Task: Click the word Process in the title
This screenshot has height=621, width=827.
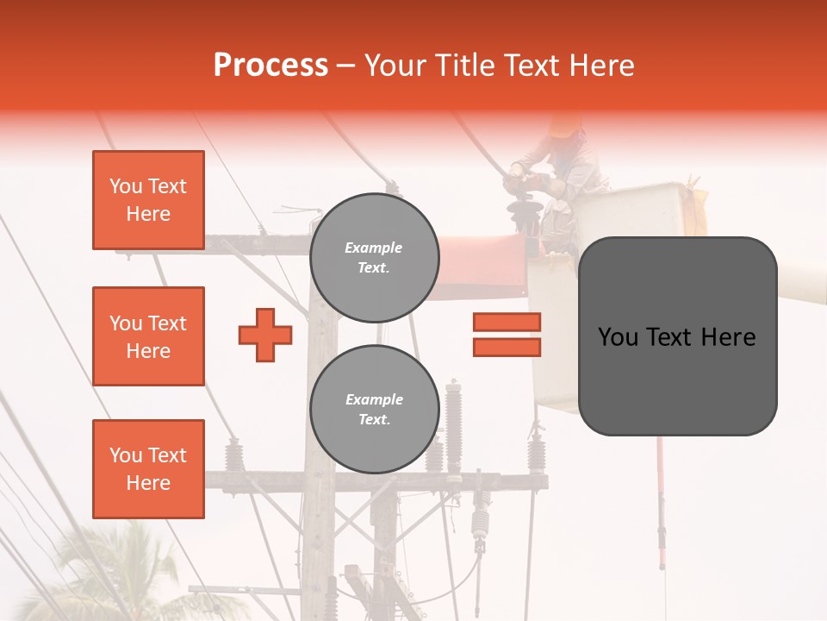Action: pyautogui.click(x=270, y=66)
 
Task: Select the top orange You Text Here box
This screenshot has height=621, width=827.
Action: pyautogui.click(x=148, y=200)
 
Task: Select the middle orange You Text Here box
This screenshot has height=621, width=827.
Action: pyautogui.click(x=148, y=336)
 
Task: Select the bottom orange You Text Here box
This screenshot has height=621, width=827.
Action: pyautogui.click(x=148, y=469)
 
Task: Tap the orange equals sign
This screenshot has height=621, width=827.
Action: pyautogui.click(x=507, y=335)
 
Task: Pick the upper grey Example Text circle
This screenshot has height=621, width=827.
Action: pyautogui.click(x=374, y=258)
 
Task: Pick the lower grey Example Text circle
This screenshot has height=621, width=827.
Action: pyautogui.click(x=374, y=410)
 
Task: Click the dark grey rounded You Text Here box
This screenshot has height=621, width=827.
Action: pyautogui.click(x=677, y=336)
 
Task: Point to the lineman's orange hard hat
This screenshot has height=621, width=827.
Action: pyautogui.click(x=566, y=126)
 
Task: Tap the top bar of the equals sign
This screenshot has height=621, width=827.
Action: pyautogui.click(x=507, y=322)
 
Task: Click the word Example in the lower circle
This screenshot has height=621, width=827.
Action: pyautogui.click(x=374, y=399)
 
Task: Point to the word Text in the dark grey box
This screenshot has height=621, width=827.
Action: pyautogui.click(x=672, y=337)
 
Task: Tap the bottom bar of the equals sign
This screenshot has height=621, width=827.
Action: pyautogui.click(x=507, y=347)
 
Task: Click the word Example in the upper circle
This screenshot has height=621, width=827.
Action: pyautogui.click(x=374, y=248)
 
